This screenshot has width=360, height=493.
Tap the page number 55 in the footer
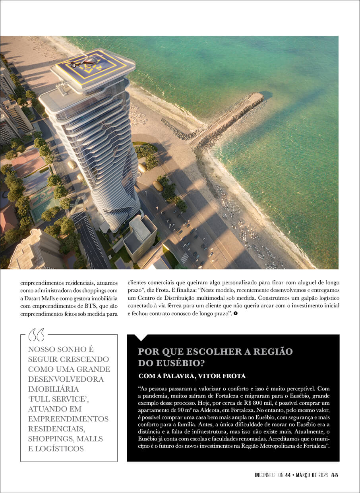coord(335,475)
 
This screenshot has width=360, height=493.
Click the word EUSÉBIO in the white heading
coord(175,363)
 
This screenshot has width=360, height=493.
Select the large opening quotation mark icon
coord(37,335)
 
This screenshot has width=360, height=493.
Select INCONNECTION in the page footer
coord(269,475)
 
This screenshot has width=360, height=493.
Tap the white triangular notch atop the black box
coord(141,338)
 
